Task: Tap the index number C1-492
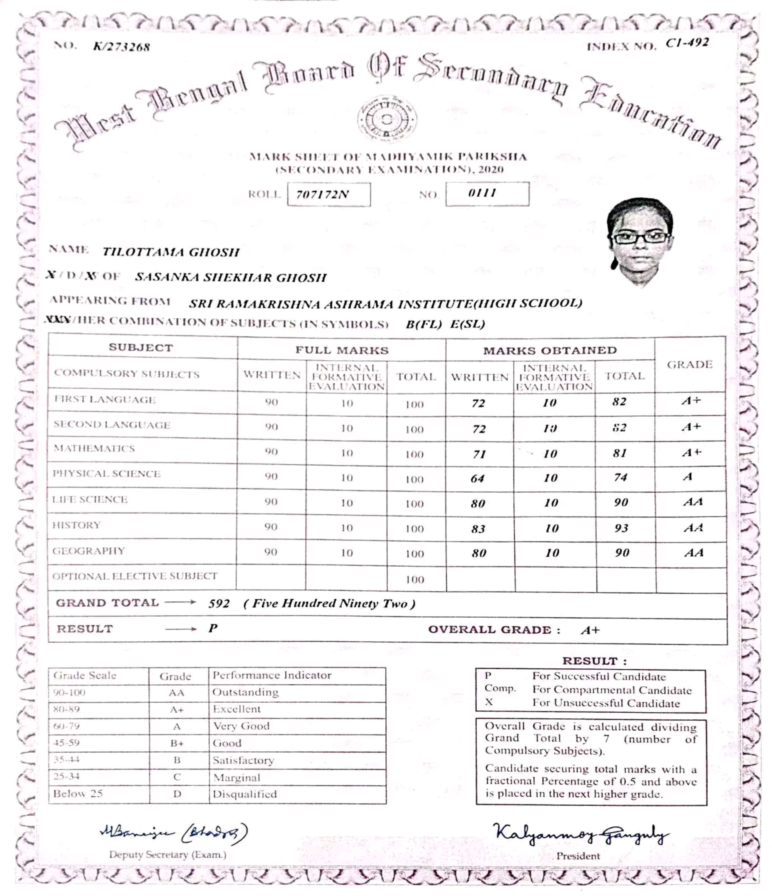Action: pyautogui.click(x=687, y=43)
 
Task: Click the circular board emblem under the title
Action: pyautogui.click(x=387, y=119)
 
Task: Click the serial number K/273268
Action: pyautogui.click(x=122, y=47)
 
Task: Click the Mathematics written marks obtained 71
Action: pyautogui.click(x=479, y=454)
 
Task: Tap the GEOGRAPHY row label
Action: pyautogui.click(x=89, y=551)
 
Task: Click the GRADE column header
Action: pyautogui.click(x=689, y=365)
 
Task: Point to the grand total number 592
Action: pyautogui.click(x=219, y=604)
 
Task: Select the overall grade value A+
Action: pyautogui.click(x=590, y=630)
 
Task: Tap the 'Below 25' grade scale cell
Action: pyautogui.click(x=78, y=794)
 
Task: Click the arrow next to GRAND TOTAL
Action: pyautogui.click(x=180, y=602)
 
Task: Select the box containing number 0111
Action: pyautogui.click(x=487, y=194)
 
